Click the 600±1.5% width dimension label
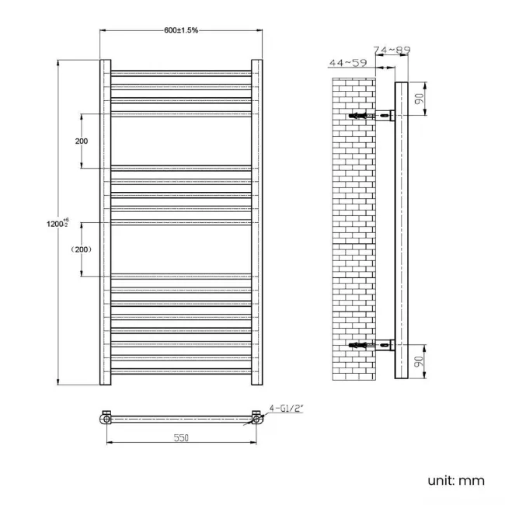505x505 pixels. tap(181, 30)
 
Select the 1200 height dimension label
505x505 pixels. tap(58, 224)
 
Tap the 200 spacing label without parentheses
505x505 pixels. tap(82, 141)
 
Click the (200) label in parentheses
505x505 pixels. tap(81, 249)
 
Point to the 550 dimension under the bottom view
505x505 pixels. tap(180, 438)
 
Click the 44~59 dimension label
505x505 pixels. tap(348, 62)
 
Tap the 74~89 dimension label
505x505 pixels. tap(392, 50)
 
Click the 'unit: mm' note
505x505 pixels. tap(456, 480)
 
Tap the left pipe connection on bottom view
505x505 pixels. tap(106, 420)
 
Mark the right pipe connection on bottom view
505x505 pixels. tap(256, 420)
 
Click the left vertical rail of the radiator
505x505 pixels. tap(106, 222)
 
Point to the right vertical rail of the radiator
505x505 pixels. tap(256, 222)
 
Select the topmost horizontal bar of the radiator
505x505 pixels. tap(181, 74)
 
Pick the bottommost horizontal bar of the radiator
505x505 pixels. tap(181, 371)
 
